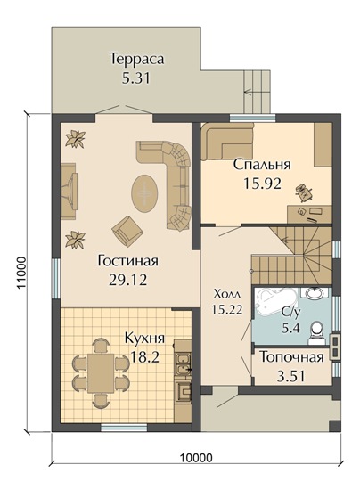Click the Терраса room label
(x=137, y=59)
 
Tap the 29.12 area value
(x=127, y=281)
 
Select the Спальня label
(x=262, y=165)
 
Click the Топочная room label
(x=291, y=357)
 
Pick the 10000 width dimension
(x=196, y=458)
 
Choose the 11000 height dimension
(x=20, y=274)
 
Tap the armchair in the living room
(x=127, y=231)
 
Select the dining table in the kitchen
(x=101, y=373)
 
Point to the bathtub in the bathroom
(x=271, y=302)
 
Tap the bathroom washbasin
(x=315, y=293)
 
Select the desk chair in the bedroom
(x=303, y=191)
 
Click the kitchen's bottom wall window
(x=125, y=428)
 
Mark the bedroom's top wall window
(x=253, y=118)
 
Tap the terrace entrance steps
(x=257, y=92)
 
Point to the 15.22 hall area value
(x=227, y=309)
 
